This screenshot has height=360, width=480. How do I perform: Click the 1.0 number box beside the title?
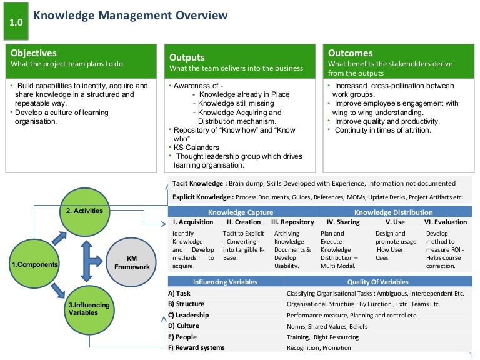[x=16, y=22]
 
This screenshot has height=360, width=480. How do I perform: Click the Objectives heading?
[x=34, y=53]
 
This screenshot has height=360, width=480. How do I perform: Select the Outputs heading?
[x=187, y=57]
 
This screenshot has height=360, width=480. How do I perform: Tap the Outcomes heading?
[x=350, y=53]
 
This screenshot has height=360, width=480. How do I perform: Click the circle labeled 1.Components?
[x=35, y=264]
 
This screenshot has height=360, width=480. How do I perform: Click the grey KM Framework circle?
[x=132, y=262]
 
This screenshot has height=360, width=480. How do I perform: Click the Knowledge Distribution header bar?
[x=394, y=212]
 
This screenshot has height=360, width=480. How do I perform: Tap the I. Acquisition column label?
[x=192, y=222]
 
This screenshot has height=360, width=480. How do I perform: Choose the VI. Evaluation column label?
[x=445, y=222]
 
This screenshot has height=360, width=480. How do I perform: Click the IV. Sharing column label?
[x=343, y=222]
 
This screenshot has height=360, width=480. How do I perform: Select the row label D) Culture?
[x=184, y=326]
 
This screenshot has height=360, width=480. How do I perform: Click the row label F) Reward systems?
[x=196, y=347]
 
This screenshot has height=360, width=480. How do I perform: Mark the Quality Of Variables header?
[x=378, y=282]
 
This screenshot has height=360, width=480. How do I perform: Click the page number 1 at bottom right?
[x=469, y=355]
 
